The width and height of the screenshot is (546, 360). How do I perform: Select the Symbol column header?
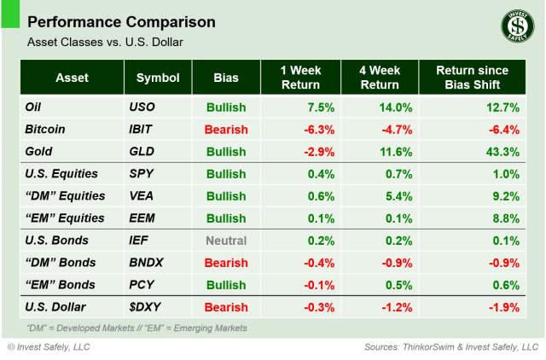click(158, 78)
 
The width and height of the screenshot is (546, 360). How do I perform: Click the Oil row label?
click(36, 107)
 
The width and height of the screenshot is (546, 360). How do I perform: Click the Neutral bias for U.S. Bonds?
click(226, 241)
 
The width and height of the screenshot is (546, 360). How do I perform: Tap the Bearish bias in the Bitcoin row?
click(226, 130)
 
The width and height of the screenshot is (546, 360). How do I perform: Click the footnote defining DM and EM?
click(136, 328)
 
